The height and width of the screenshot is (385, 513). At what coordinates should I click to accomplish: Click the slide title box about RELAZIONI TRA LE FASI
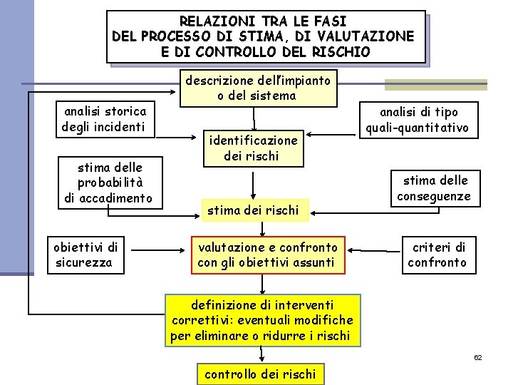click(x=264, y=36)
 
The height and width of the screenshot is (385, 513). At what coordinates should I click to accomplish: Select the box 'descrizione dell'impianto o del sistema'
click(x=258, y=88)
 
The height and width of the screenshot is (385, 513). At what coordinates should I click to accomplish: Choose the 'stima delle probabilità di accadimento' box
click(x=110, y=183)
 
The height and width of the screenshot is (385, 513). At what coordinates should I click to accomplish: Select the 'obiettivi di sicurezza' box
click(x=85, y=255)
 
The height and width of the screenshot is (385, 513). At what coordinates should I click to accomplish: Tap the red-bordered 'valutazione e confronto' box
click(x=268, y=255)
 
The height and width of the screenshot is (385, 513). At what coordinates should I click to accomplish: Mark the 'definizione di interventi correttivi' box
click(x=262, y=320)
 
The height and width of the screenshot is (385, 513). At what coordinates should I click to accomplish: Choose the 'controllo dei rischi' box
click(x=260, y=374)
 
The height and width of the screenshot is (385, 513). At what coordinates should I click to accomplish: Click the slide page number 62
click(x=478, y=356)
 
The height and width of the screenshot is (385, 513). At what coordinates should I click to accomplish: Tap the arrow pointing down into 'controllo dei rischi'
click(x=263, y=354)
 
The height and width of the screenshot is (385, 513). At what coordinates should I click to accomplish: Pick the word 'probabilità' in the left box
click(x=110, y=183)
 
